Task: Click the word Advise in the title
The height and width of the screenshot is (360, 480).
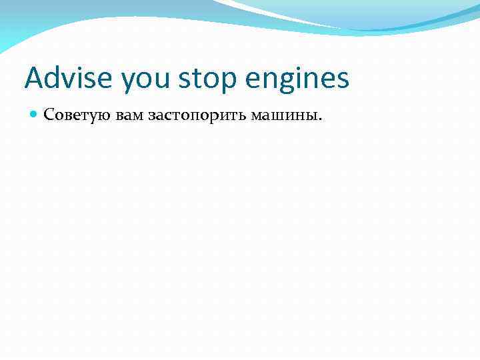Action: pyautogui.click(x=65, y=78)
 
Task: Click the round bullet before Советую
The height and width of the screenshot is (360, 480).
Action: pyautogui.click(x=34, y=115)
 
